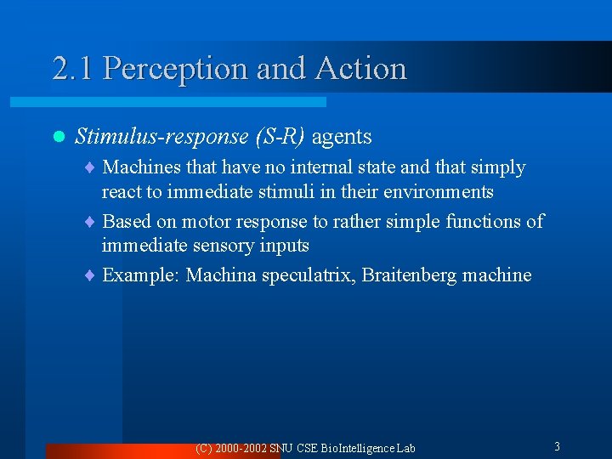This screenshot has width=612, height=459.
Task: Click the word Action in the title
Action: click(360, 69)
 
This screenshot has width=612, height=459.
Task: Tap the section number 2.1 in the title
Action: click(73, 69)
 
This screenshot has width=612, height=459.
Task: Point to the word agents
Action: click(342, 137)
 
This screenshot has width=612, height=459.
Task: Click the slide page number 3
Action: click(557, 446)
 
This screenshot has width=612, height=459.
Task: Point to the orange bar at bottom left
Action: click(161, 451)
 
